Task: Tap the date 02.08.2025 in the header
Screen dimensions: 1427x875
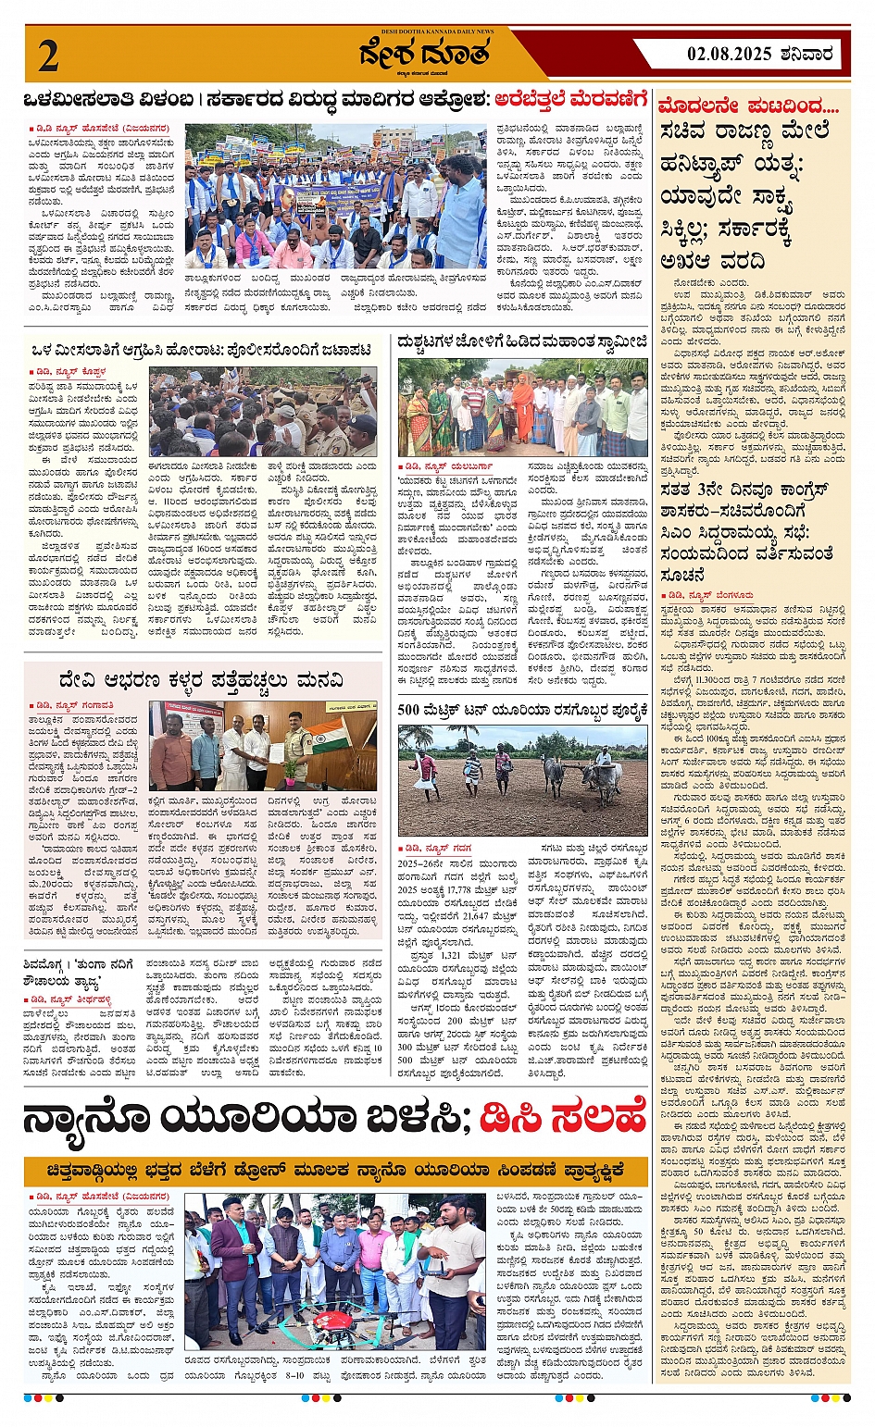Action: coord(729,54)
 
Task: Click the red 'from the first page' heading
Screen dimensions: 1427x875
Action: coord(748,105)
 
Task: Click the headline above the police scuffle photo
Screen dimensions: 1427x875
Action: coord(201,350)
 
